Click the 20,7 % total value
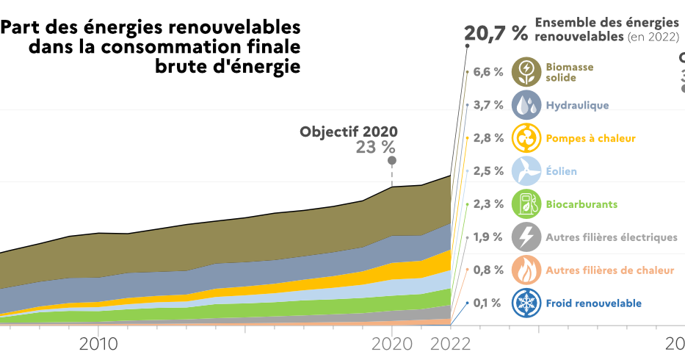point(496,33)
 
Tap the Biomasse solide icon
point(526,72)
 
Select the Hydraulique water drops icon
point(526,105)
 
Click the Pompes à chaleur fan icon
point(526,138)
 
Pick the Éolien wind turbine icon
point(526,171)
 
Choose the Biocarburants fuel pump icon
point(526,204)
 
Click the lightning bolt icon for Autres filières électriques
point(526,237)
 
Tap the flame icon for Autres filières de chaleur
point(526,270)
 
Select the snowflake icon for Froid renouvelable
point(526,303)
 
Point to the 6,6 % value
point(488,72)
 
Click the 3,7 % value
point(488,105)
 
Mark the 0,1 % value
point(488,303)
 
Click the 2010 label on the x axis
point(99,343)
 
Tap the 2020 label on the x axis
point(392,343)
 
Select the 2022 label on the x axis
point(450,343)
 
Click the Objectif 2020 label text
point(348,132)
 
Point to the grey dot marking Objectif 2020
point(392,160)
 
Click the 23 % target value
point(376,147)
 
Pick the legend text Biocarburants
point(581,204)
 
